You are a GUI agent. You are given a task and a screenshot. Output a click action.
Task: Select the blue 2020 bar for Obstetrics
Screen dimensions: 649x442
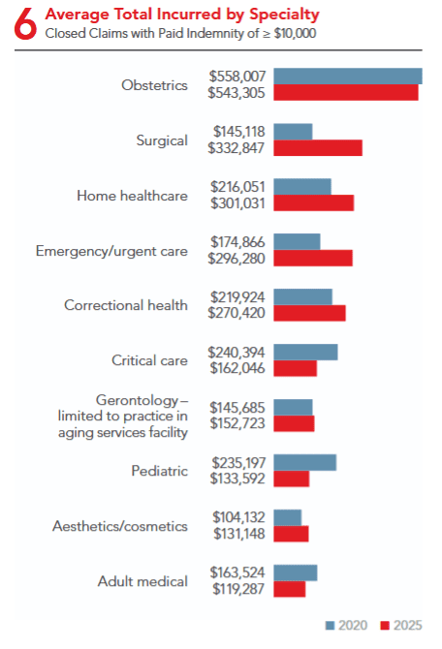pyautogui.click(x=347, y=76)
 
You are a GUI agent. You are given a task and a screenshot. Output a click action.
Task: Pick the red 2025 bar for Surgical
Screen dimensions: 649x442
pyautogui.click(x=318, y=147)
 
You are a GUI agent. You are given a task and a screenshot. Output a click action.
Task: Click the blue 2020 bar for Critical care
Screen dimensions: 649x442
pyautogui.click(x=305, y=352)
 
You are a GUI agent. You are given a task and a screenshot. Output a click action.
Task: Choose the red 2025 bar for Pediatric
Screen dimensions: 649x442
pyautogui.click(x=291, y=479)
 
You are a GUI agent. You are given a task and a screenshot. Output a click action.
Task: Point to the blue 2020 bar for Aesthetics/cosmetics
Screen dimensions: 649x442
pyautogui.click(x=288, y=517)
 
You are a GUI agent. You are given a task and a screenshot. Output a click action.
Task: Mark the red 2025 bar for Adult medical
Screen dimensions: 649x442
pyautogui.click(x=289, y=589)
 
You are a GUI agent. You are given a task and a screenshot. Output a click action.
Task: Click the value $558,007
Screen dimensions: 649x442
pyautogui.click(x=237, y=76)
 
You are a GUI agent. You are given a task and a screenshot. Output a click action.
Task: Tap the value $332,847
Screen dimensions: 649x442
pyautogui.click(x=237, y=148)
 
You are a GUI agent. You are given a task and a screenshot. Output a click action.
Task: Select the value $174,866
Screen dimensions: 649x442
pyautogui.click(x=237, y=241)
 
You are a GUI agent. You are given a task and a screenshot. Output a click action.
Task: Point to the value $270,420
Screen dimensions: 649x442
pyautogui.click(x=237, y=314)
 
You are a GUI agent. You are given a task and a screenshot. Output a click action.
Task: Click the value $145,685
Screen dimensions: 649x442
pyautogui.click(x=237, y=407)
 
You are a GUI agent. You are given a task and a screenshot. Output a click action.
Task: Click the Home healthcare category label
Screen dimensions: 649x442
pyautogui.click(x=132, y=196)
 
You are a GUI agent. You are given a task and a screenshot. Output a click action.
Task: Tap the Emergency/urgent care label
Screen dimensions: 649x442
pyautogui.click(x=111, y=251)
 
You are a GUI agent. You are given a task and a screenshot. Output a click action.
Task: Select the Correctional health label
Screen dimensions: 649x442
pyautogui.click(x=126, y=305)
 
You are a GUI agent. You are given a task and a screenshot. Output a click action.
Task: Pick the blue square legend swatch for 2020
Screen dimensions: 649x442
pyautogui.click(x=330, y=625)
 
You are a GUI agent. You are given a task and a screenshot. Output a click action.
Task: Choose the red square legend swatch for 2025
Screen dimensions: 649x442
pyautogui.click(x=383, y=625)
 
